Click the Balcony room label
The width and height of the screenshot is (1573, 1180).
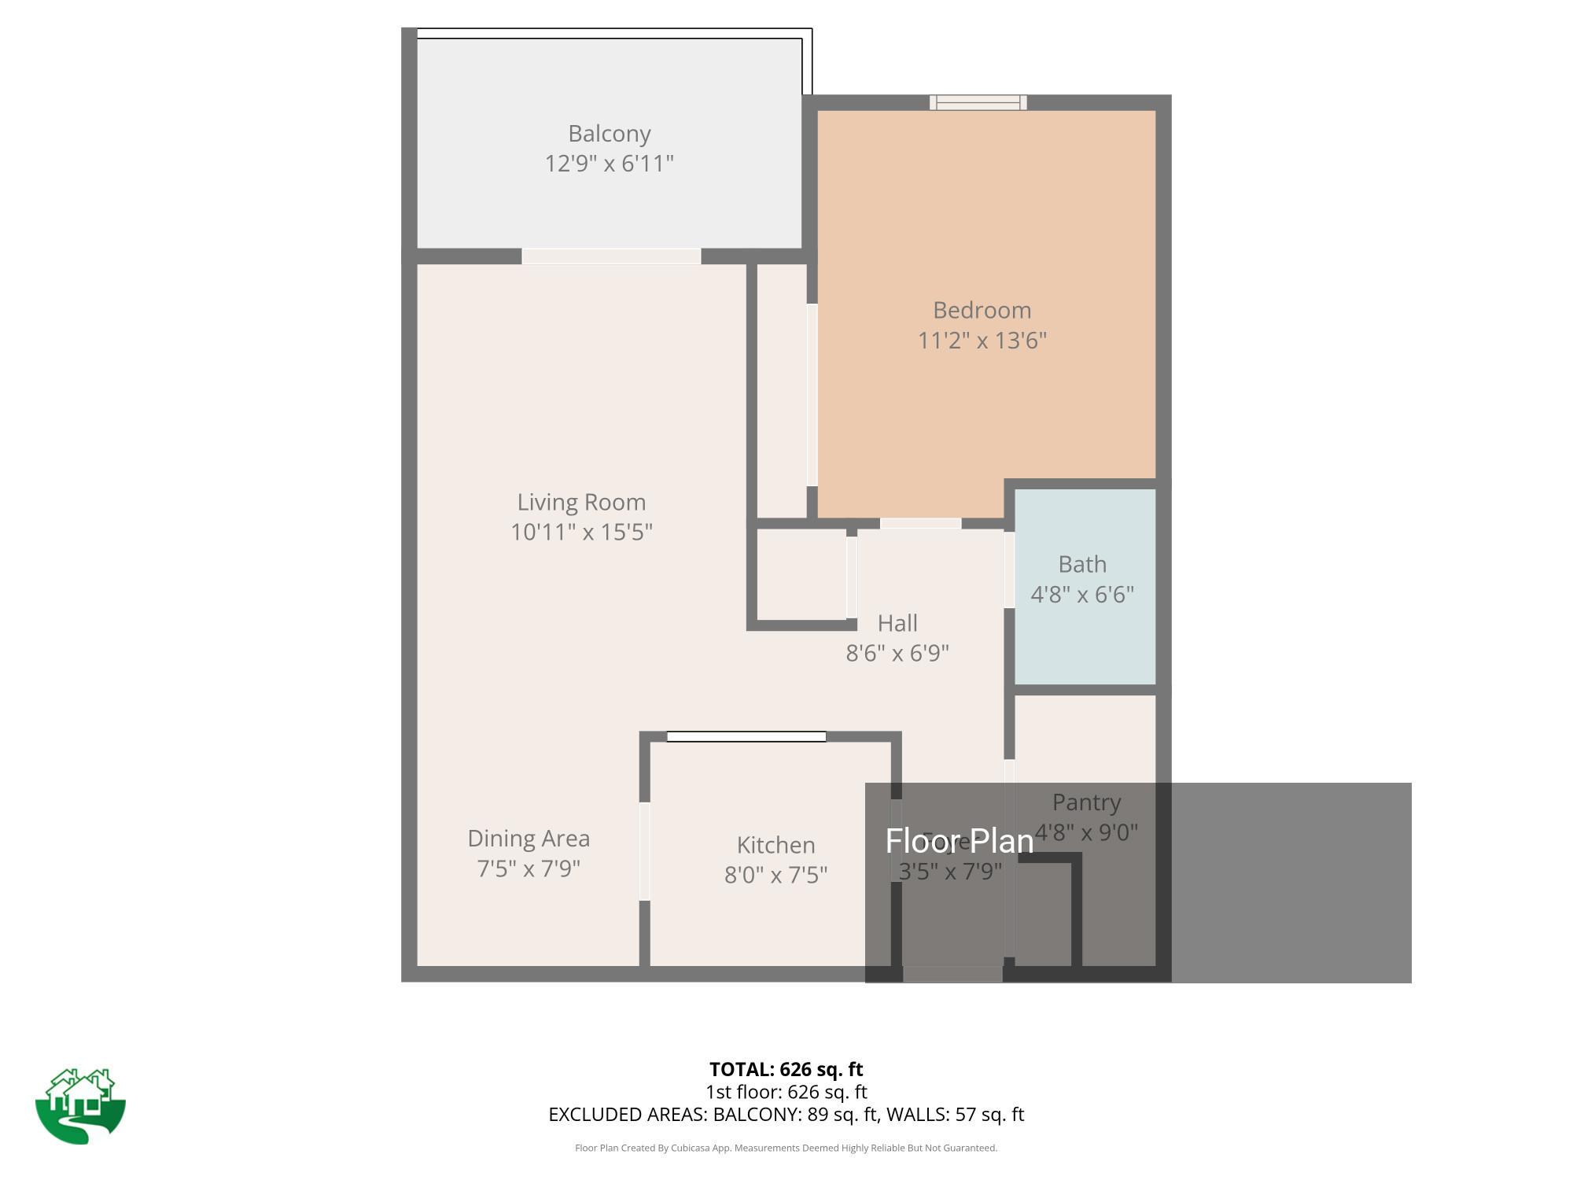click(x=610, y=134)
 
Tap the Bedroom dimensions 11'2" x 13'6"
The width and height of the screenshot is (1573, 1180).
click(x=982, y=341)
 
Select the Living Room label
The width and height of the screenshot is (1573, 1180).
click(x=581, y=502)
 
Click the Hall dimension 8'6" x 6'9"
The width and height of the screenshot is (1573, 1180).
click(x=897, y=653)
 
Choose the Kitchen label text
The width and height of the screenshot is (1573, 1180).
click(x=775, y=845)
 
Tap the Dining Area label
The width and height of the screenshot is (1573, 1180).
click(x=529, y=839)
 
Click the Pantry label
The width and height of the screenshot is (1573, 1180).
click(x=1086, y=802)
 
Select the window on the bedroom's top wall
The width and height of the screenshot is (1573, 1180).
click(x=978, y=102)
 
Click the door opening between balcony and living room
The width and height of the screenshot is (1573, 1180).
click(x=611, y=256)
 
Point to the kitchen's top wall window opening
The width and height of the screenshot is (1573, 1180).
click(x=746, y=736)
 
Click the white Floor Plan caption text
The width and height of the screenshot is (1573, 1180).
click(x=960, y=841)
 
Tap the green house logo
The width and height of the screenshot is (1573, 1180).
click(x=80, y=1105)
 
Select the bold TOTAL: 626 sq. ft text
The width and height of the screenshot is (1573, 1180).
click(x=786, y=1069)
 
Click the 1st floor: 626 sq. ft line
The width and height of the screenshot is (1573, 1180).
click(x=786, y=1092)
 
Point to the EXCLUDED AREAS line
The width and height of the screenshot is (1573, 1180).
click(x=786, y=1115)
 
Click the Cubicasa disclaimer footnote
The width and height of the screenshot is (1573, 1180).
click(x=786, y=1148)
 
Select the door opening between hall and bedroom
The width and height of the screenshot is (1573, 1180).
click(x=920, y=523)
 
